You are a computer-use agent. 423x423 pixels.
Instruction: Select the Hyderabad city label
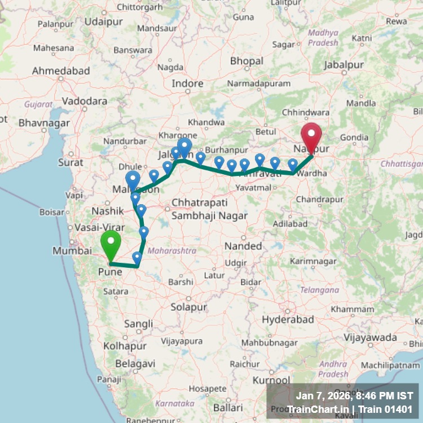coord(288,319)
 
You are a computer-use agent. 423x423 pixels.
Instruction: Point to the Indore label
coord(187,83)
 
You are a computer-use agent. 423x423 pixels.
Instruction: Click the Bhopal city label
coord(246,61)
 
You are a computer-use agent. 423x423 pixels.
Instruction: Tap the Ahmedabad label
coord(61,71)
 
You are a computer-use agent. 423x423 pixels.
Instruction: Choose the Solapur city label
coord(189,307)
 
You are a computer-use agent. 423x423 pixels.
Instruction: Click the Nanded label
coord(243,246)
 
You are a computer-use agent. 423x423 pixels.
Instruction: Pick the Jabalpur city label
coord(344,65)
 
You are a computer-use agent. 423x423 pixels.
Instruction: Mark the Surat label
coord(71,162)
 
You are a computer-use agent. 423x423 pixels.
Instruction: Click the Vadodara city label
coord(85,101)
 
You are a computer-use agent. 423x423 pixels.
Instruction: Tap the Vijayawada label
coord(371,337)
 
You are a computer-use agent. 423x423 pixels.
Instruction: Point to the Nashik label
coord(107,210)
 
